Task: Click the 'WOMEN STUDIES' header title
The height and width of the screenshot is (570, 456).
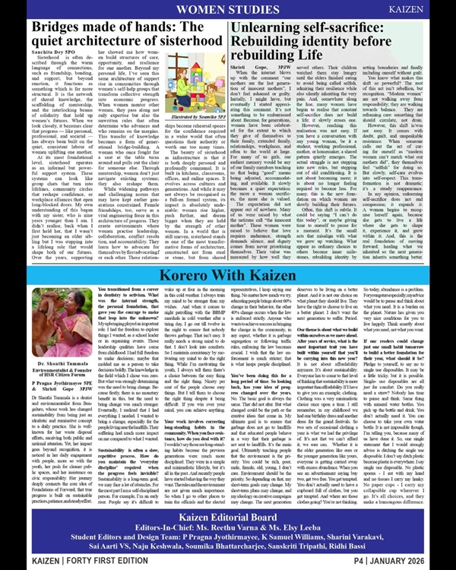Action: (227, 10)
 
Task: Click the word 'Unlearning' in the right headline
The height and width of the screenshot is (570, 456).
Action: (265, 27)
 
